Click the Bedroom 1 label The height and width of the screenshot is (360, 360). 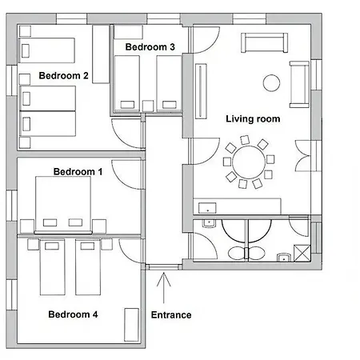point(78,171)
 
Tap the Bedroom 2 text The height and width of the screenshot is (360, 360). point(63,76)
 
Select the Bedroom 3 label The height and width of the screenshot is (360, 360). point(150,47)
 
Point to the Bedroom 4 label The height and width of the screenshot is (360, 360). point(73,314)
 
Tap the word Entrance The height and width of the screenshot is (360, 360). point(171,314)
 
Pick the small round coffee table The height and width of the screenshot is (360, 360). point(270,82)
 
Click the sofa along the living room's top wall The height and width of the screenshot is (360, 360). point(263,42)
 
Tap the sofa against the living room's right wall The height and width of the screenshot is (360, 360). point(299,84)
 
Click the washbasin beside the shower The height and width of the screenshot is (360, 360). point(283,258)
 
